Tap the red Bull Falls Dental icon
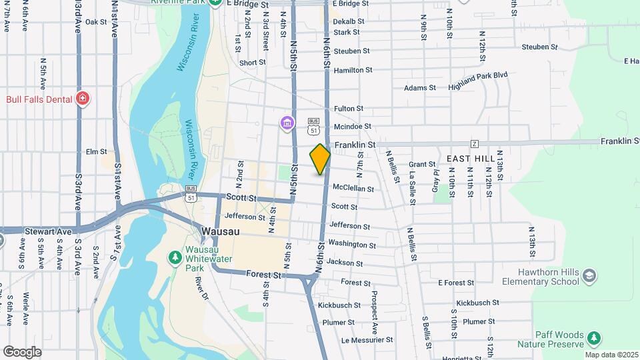(x=83, y=99)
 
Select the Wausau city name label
(x=217, y=231)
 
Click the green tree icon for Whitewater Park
(x=175, y=257)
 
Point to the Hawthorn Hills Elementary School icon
(x=589, y=275)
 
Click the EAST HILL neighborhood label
(x=471, y=158)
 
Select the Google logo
(x=22, y=351)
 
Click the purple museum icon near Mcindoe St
(x=287, y=123)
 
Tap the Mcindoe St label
(x=352, y=126)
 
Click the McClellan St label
(x=353, y=188)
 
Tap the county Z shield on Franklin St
(x=475, y=144)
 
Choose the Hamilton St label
(x=353, y=70)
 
